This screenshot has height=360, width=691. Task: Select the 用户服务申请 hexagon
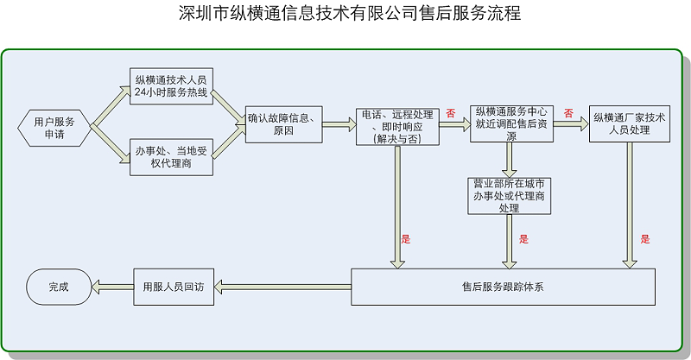coord(54,126)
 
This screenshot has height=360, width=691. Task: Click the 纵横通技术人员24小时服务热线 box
coord(171,87)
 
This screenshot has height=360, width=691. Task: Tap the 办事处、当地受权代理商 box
coord(171,157)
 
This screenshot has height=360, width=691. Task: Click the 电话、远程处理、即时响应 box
coord(397,126)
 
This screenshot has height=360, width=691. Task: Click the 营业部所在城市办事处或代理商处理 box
coord(509,196)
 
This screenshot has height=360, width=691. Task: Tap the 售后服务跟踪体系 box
coord(503,287)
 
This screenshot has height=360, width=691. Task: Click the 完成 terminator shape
coord(58,287)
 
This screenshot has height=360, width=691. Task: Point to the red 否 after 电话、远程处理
coord(450,113)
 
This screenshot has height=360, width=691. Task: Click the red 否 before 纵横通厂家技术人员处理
coord(567,112)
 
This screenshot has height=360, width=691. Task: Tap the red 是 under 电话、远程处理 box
coord(406,238)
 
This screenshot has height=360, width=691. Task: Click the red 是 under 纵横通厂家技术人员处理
coord(644,239)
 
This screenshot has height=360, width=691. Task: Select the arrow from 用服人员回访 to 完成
coord(111,287)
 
